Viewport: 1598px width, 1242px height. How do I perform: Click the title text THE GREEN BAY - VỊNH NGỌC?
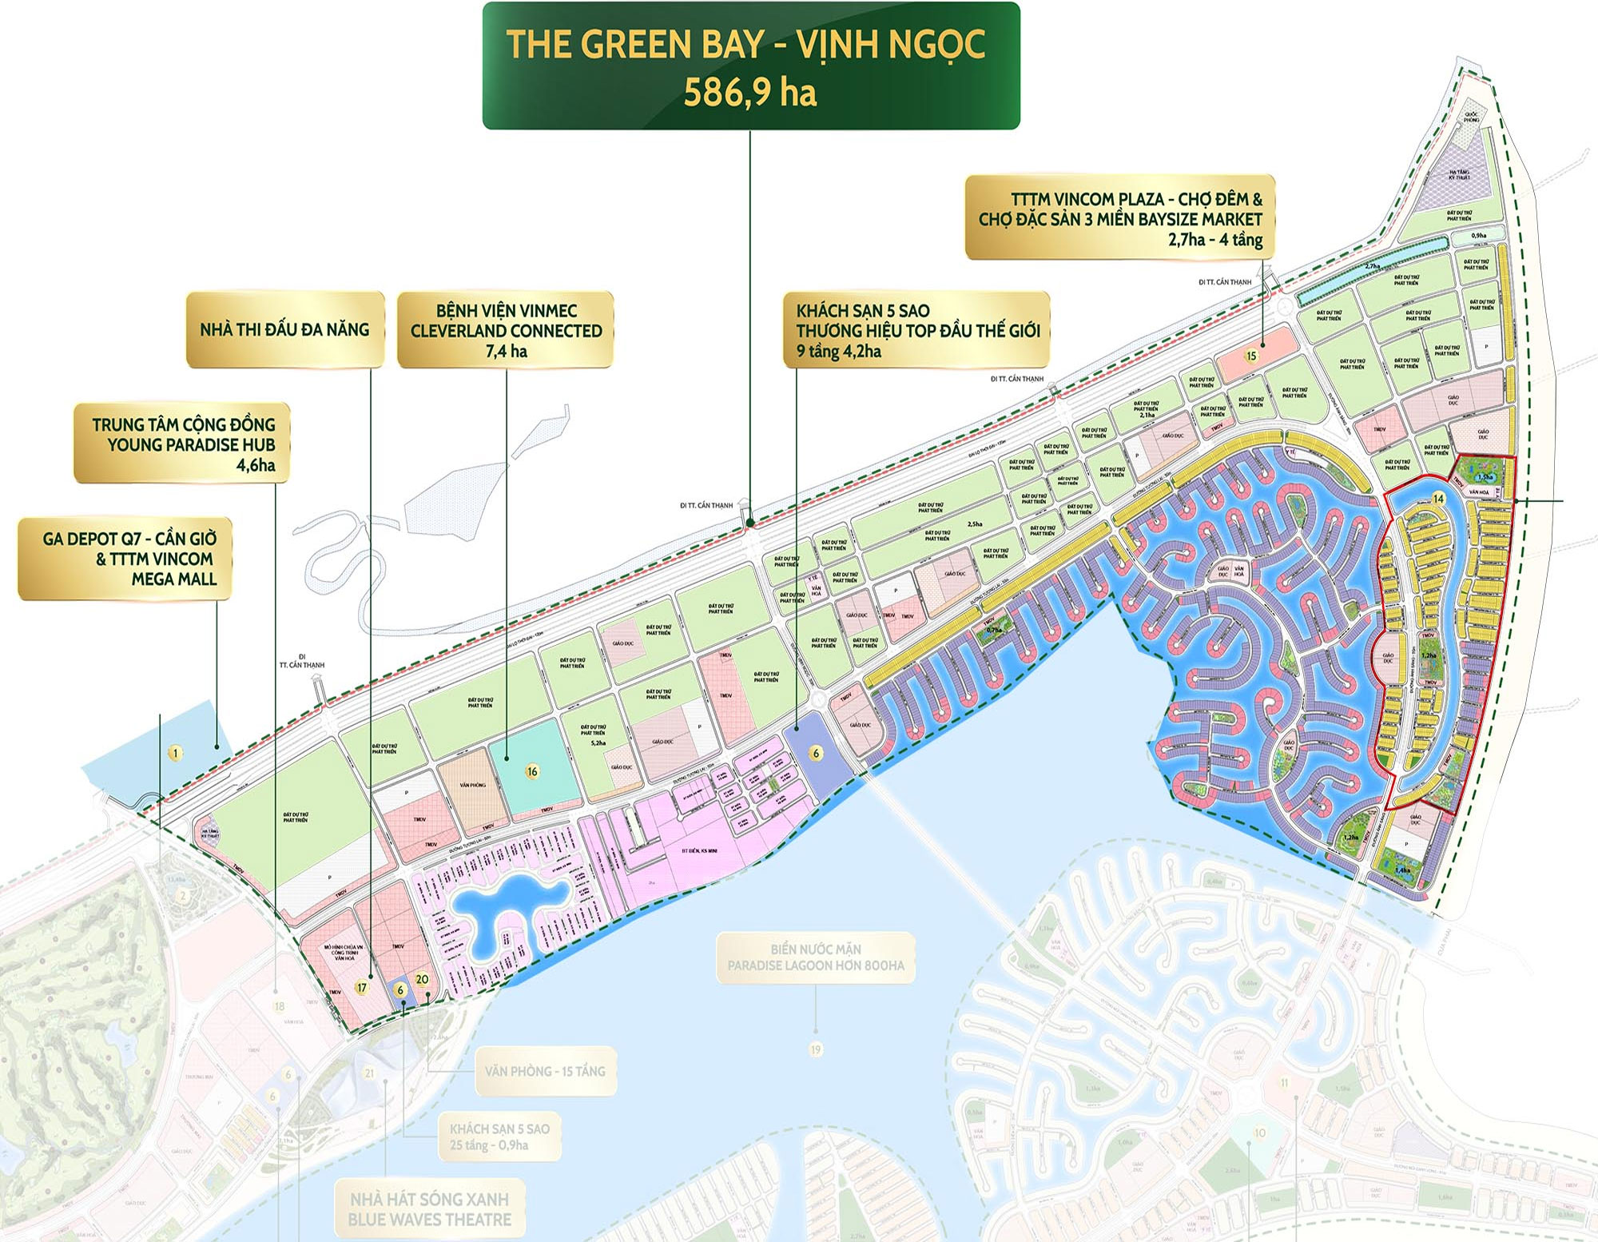(x=745, y=44)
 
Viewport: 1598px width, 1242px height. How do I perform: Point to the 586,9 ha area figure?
(x=749, y=93)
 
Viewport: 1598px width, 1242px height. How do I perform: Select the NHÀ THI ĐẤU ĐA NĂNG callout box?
(x=285, y=329)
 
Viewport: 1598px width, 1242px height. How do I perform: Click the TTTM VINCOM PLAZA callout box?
(x=1120, y=218)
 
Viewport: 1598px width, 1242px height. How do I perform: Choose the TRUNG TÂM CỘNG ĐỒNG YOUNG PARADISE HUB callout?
(x=182, y=444)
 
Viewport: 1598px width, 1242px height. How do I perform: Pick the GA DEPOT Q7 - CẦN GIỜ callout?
(x=126, y=558)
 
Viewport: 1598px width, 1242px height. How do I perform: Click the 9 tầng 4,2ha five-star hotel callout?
(x=916, y=330)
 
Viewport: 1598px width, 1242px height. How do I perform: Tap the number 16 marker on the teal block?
(x=532, y=771)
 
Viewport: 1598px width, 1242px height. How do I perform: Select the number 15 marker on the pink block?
(x=1251, y=356)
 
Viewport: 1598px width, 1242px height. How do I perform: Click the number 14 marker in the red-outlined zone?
(x=1438, y=499)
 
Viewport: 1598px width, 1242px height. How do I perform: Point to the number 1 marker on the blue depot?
(x=176, y=753)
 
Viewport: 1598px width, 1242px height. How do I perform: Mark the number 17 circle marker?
(x=362, y=988)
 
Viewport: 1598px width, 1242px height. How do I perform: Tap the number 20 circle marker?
(x=422, y=979)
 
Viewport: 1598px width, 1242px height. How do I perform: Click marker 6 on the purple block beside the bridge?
(x=816, y=753)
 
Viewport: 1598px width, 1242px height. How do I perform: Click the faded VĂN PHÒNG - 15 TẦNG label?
(x=545, y=1071)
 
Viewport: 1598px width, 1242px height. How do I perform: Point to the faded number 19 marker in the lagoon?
(x=815, y=1049)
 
